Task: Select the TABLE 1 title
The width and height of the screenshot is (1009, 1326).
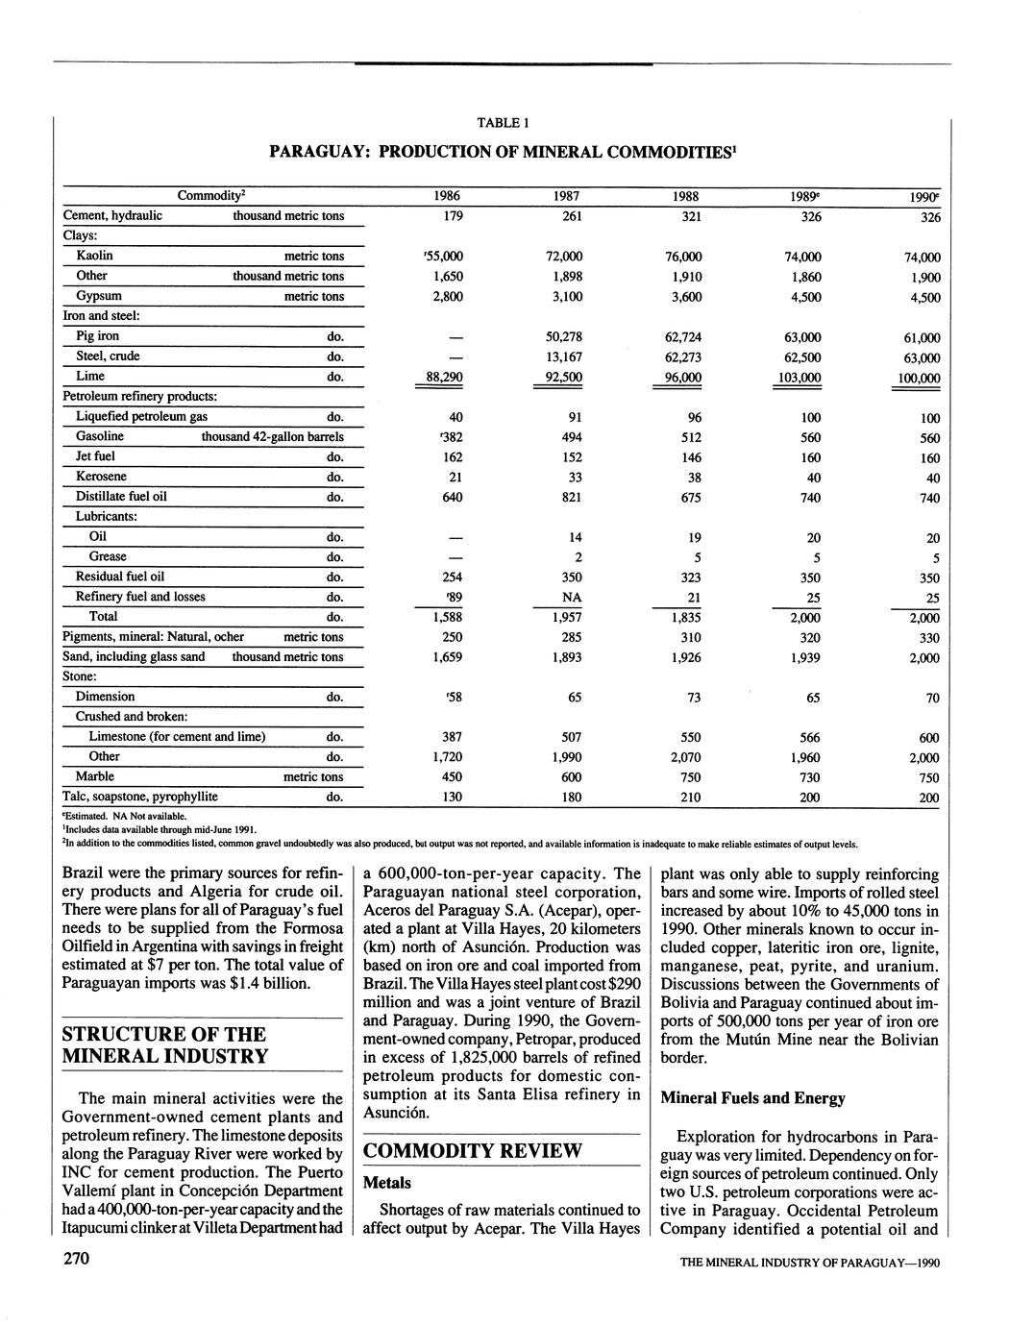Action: pyautogui.click(x=504, y=122)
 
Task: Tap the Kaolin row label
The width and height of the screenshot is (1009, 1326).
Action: pyautogui.click(x=94, y=256)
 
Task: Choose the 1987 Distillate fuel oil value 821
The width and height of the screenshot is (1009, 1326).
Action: pyautogui.click(x=572, y=498)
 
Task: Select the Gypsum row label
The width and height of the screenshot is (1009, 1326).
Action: pyautogui.click(x=98, y=296)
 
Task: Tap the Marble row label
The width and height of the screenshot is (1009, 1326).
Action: pyautogui.click(x=94, y=776)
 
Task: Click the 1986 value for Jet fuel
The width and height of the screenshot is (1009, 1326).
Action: pyautogui.click(x=451, y=457)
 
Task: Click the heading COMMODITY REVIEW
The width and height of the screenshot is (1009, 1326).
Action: pyautogui.click(x=472, y=1151)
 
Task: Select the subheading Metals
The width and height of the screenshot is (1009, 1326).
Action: pyautogui.click(x=386, y=1183)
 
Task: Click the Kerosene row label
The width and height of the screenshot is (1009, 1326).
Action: pyautogui.click(x=101, y=477)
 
